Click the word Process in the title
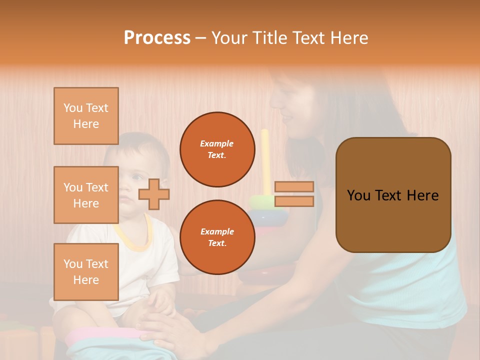tap(157, 38)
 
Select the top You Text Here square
tap(86, 116)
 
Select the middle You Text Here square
tap(86, 195)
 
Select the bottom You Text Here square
tap(86, 271)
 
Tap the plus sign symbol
tap(154, 194)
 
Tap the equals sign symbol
tap(294, 194)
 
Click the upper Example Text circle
tap(217, 149)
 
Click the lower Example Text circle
tap(217, 237)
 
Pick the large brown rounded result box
tap(393, 195)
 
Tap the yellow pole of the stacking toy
tap(265, 160)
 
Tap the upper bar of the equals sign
tap(294, 187)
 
